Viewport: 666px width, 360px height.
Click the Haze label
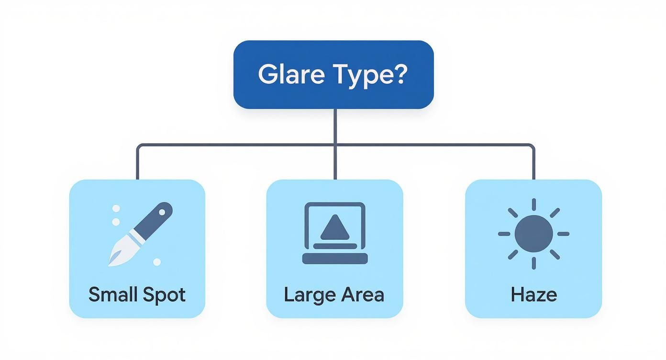click(533, 294)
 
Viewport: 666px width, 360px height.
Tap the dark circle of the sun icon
click(533, 234)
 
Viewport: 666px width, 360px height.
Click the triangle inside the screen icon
click(335, 227)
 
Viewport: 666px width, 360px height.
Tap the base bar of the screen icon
click(335, 259)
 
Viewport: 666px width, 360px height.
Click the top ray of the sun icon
click(533, 204)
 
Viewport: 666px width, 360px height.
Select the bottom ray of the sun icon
click(533, 263)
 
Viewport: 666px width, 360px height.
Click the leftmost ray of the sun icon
click(504, 234)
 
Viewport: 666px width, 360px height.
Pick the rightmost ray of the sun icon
click(563, 234)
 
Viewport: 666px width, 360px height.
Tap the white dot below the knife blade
click(157, 262)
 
